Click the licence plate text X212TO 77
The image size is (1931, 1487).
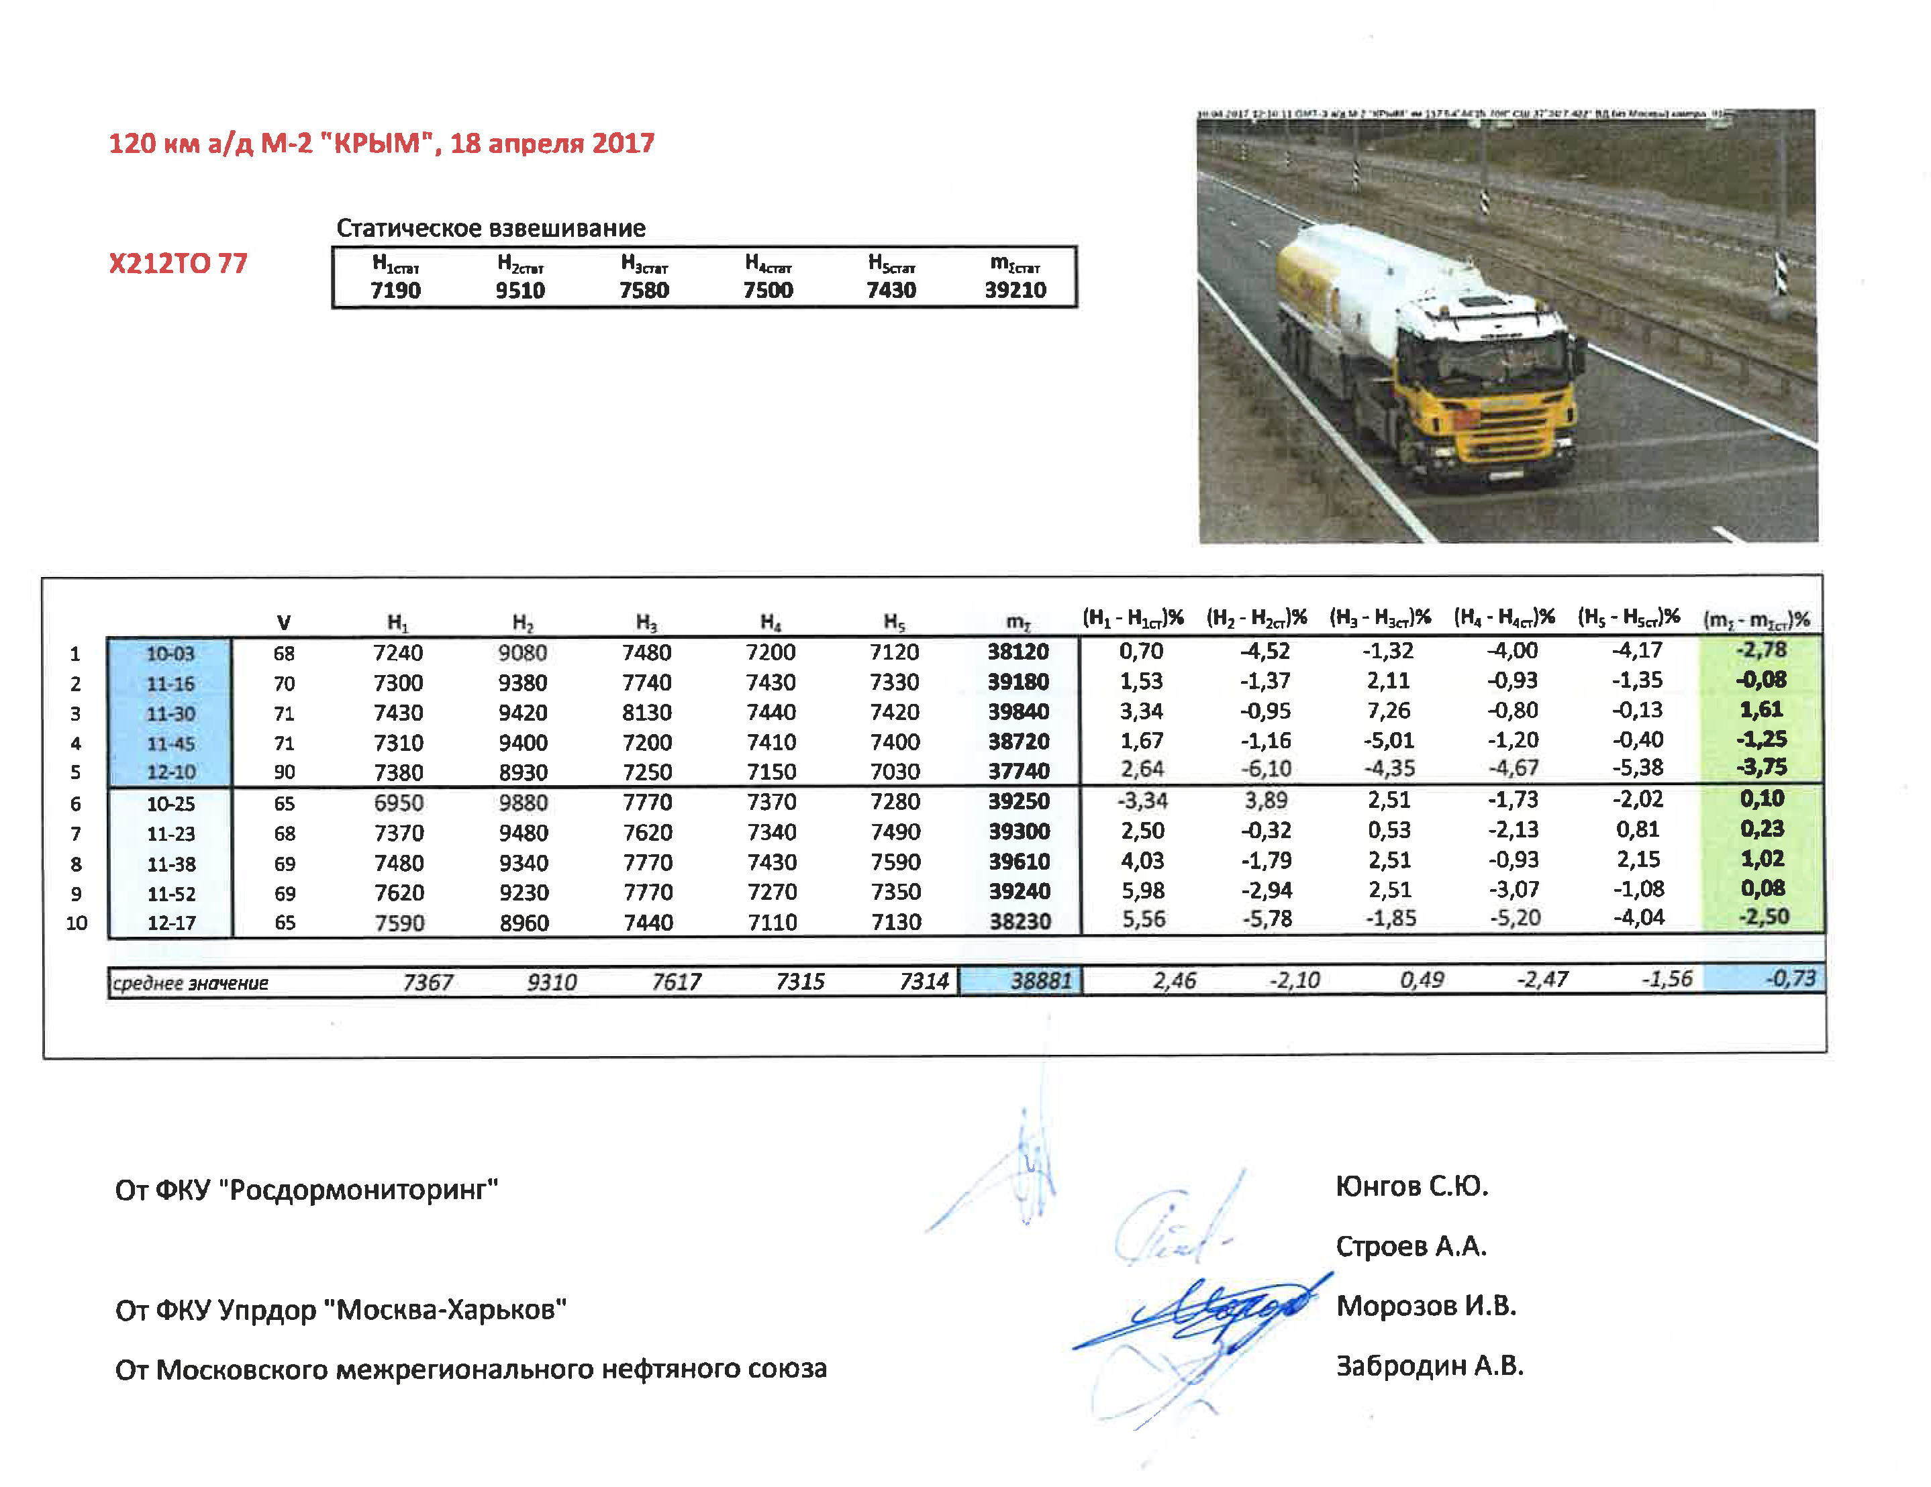point(178,264)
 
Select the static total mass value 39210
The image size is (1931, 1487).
point(1015,290)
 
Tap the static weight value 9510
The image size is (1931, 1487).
point(520,290)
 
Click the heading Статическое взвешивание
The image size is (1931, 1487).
point(491,228)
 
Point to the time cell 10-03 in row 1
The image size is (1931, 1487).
point(170,654)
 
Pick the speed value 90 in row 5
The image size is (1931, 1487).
point(284,772)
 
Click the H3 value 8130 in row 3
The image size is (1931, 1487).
point(646,713)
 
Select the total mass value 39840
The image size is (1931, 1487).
point(1019,712)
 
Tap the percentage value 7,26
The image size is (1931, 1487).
point(1388,711)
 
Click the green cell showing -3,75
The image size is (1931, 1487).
point(1761,768)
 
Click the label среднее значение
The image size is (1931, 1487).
point(190,982)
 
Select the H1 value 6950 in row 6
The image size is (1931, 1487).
point(398,803)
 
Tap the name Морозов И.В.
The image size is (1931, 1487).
point(1426,1306)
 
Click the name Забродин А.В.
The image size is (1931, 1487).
point(1429,1366)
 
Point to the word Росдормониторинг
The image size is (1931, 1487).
point(362,1190)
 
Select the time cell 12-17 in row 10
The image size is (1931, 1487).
point(170,923)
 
